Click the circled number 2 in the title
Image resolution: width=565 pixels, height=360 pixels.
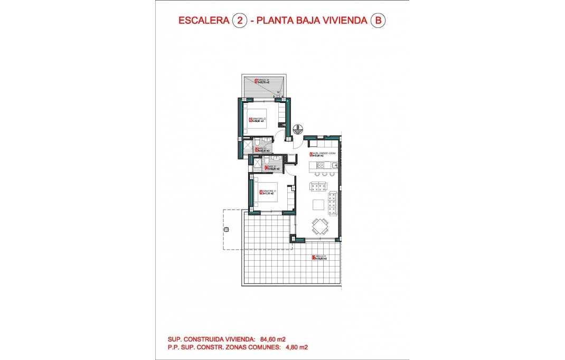coord(240,21)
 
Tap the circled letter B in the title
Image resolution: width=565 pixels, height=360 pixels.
coord(377,21)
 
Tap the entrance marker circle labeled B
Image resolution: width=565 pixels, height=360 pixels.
coord(298,128)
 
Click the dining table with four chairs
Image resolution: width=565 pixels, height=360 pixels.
coord(319,226)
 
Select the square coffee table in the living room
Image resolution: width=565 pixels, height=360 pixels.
coord(318,205)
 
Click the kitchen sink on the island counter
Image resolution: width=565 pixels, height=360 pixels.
coord(333,166)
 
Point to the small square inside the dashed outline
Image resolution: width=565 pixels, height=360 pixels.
coord(226,230)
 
